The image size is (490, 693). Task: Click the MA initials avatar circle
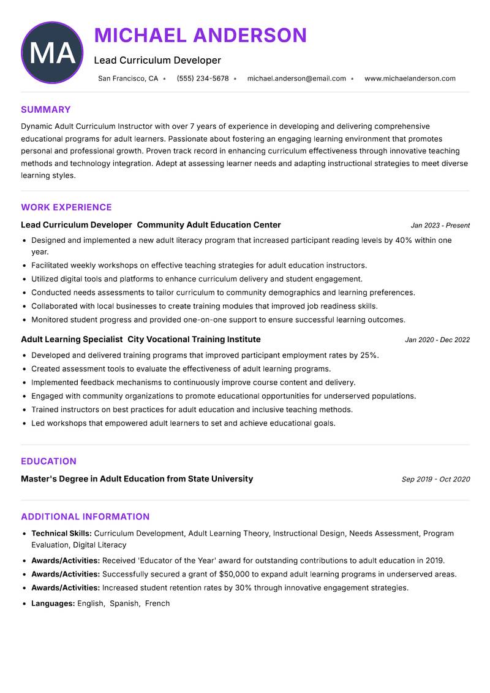pyautogui.click(x=52, y=53)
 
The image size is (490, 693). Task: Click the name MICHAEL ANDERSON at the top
pyautogui.click(x=200, y=36)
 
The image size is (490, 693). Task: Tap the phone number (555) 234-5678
pyautogui.click(x=202, y=78)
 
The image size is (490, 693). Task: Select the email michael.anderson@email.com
pyautogui.click(x=296, y=78)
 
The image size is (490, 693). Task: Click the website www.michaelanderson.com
pyautogui.click(x=410, y=78)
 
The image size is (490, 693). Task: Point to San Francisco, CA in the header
pyautogui.click(x=128, y=78)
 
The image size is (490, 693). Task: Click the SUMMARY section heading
pyautogui.click(x=46, y=110)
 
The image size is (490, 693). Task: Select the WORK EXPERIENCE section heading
pyautogui.click(x=66, y=207)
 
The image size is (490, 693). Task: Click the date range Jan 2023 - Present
pyautogui.click(x=440, y=226)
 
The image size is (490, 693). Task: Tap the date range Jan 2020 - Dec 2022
pyautogui.click(x=437, y=340)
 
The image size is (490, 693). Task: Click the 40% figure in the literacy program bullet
pyautogui.click(x=404, y=240)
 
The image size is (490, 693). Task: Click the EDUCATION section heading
pyautogui.click(x=48, y=461)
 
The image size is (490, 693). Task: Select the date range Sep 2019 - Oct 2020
pyautogui.click(x=435, y=480)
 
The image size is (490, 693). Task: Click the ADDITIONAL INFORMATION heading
pyautogui.click(x=85, y=516)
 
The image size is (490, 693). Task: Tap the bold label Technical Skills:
pyautogui.click(x=61, y=534)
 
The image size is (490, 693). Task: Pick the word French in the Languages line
pyautogui.click(x=157, y=603)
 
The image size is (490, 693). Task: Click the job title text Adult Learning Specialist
pyautogui.click(x=72, y=339)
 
